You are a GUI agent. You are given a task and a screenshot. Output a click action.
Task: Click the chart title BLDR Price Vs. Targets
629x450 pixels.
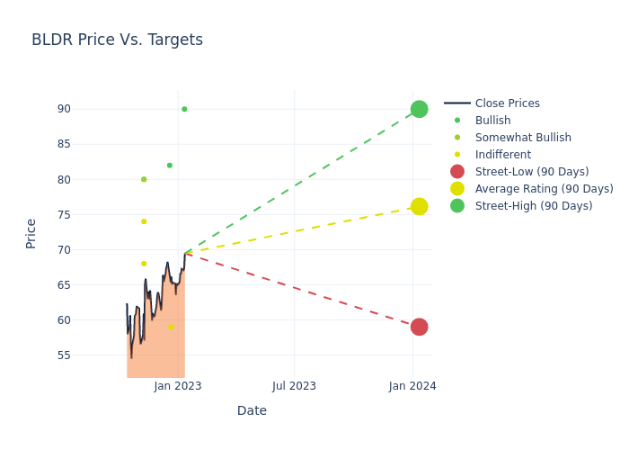[117, 40]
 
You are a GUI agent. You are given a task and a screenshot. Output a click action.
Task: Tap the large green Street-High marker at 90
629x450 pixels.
[419, 109]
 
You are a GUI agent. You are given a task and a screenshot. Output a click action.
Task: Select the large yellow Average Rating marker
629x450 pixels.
[419, 206]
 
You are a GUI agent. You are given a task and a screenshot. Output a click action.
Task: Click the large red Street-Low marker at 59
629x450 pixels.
[419, 327]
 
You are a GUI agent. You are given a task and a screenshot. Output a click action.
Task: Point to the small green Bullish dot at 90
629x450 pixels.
[184, 109]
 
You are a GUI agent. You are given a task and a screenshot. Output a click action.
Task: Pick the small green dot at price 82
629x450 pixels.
[169, 166]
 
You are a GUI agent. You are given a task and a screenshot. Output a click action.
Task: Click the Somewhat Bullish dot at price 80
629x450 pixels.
[143, 179]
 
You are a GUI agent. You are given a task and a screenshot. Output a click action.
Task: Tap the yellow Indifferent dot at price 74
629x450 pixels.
[143, 221]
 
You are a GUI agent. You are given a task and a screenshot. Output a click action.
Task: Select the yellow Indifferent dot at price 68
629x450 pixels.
[143, 264]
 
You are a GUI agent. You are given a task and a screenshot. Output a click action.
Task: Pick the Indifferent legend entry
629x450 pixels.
[502, 155]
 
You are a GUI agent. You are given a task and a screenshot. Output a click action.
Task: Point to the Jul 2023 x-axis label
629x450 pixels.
[294, 386]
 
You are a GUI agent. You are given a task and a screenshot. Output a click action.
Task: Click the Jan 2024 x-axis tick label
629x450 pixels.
[412, 386]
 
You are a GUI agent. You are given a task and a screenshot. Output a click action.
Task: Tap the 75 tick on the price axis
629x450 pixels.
[88, 214]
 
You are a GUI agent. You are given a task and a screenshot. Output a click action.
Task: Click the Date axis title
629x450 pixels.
[252, 411]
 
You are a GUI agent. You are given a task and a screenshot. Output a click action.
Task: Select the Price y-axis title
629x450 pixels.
[31, 233]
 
